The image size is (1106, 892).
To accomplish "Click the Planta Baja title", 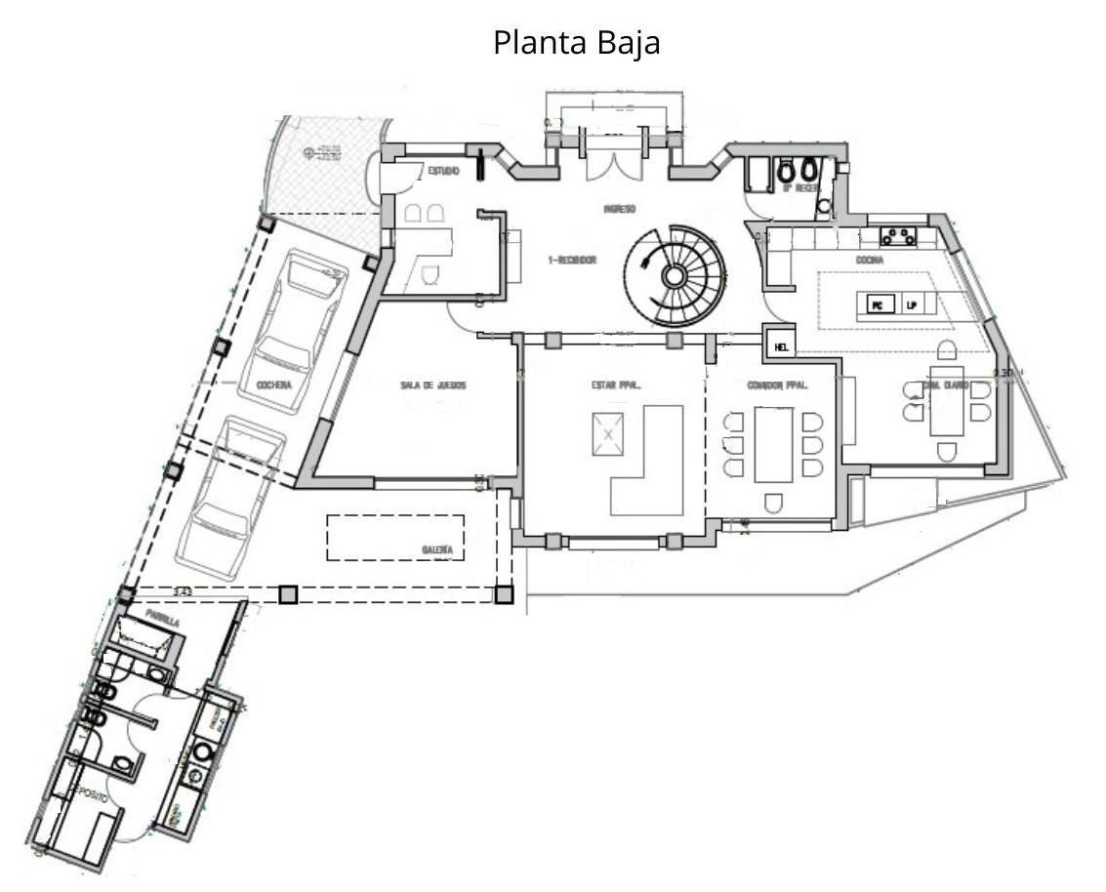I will (576, 44).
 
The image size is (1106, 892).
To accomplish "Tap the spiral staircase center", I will (674, 276).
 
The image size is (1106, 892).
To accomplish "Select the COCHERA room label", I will (275, 386).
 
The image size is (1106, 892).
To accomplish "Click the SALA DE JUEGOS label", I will (433, 386).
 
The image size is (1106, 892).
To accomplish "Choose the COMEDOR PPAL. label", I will (778, 386).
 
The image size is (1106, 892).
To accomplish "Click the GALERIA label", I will (436, 551).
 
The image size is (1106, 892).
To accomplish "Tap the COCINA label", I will (870, 261).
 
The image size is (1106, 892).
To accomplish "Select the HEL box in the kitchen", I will (781, 346).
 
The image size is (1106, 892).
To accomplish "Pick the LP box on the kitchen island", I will (912, 305).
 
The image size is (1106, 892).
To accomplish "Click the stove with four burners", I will (900, 234).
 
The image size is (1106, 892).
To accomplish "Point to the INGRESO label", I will (620, 209).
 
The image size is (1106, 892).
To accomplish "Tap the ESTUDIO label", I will (443, 172).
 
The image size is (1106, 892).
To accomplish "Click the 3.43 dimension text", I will (182, 591).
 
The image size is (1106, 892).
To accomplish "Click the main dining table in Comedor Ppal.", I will (773, 445).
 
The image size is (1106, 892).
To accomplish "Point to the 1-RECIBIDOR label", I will (572, 261).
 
